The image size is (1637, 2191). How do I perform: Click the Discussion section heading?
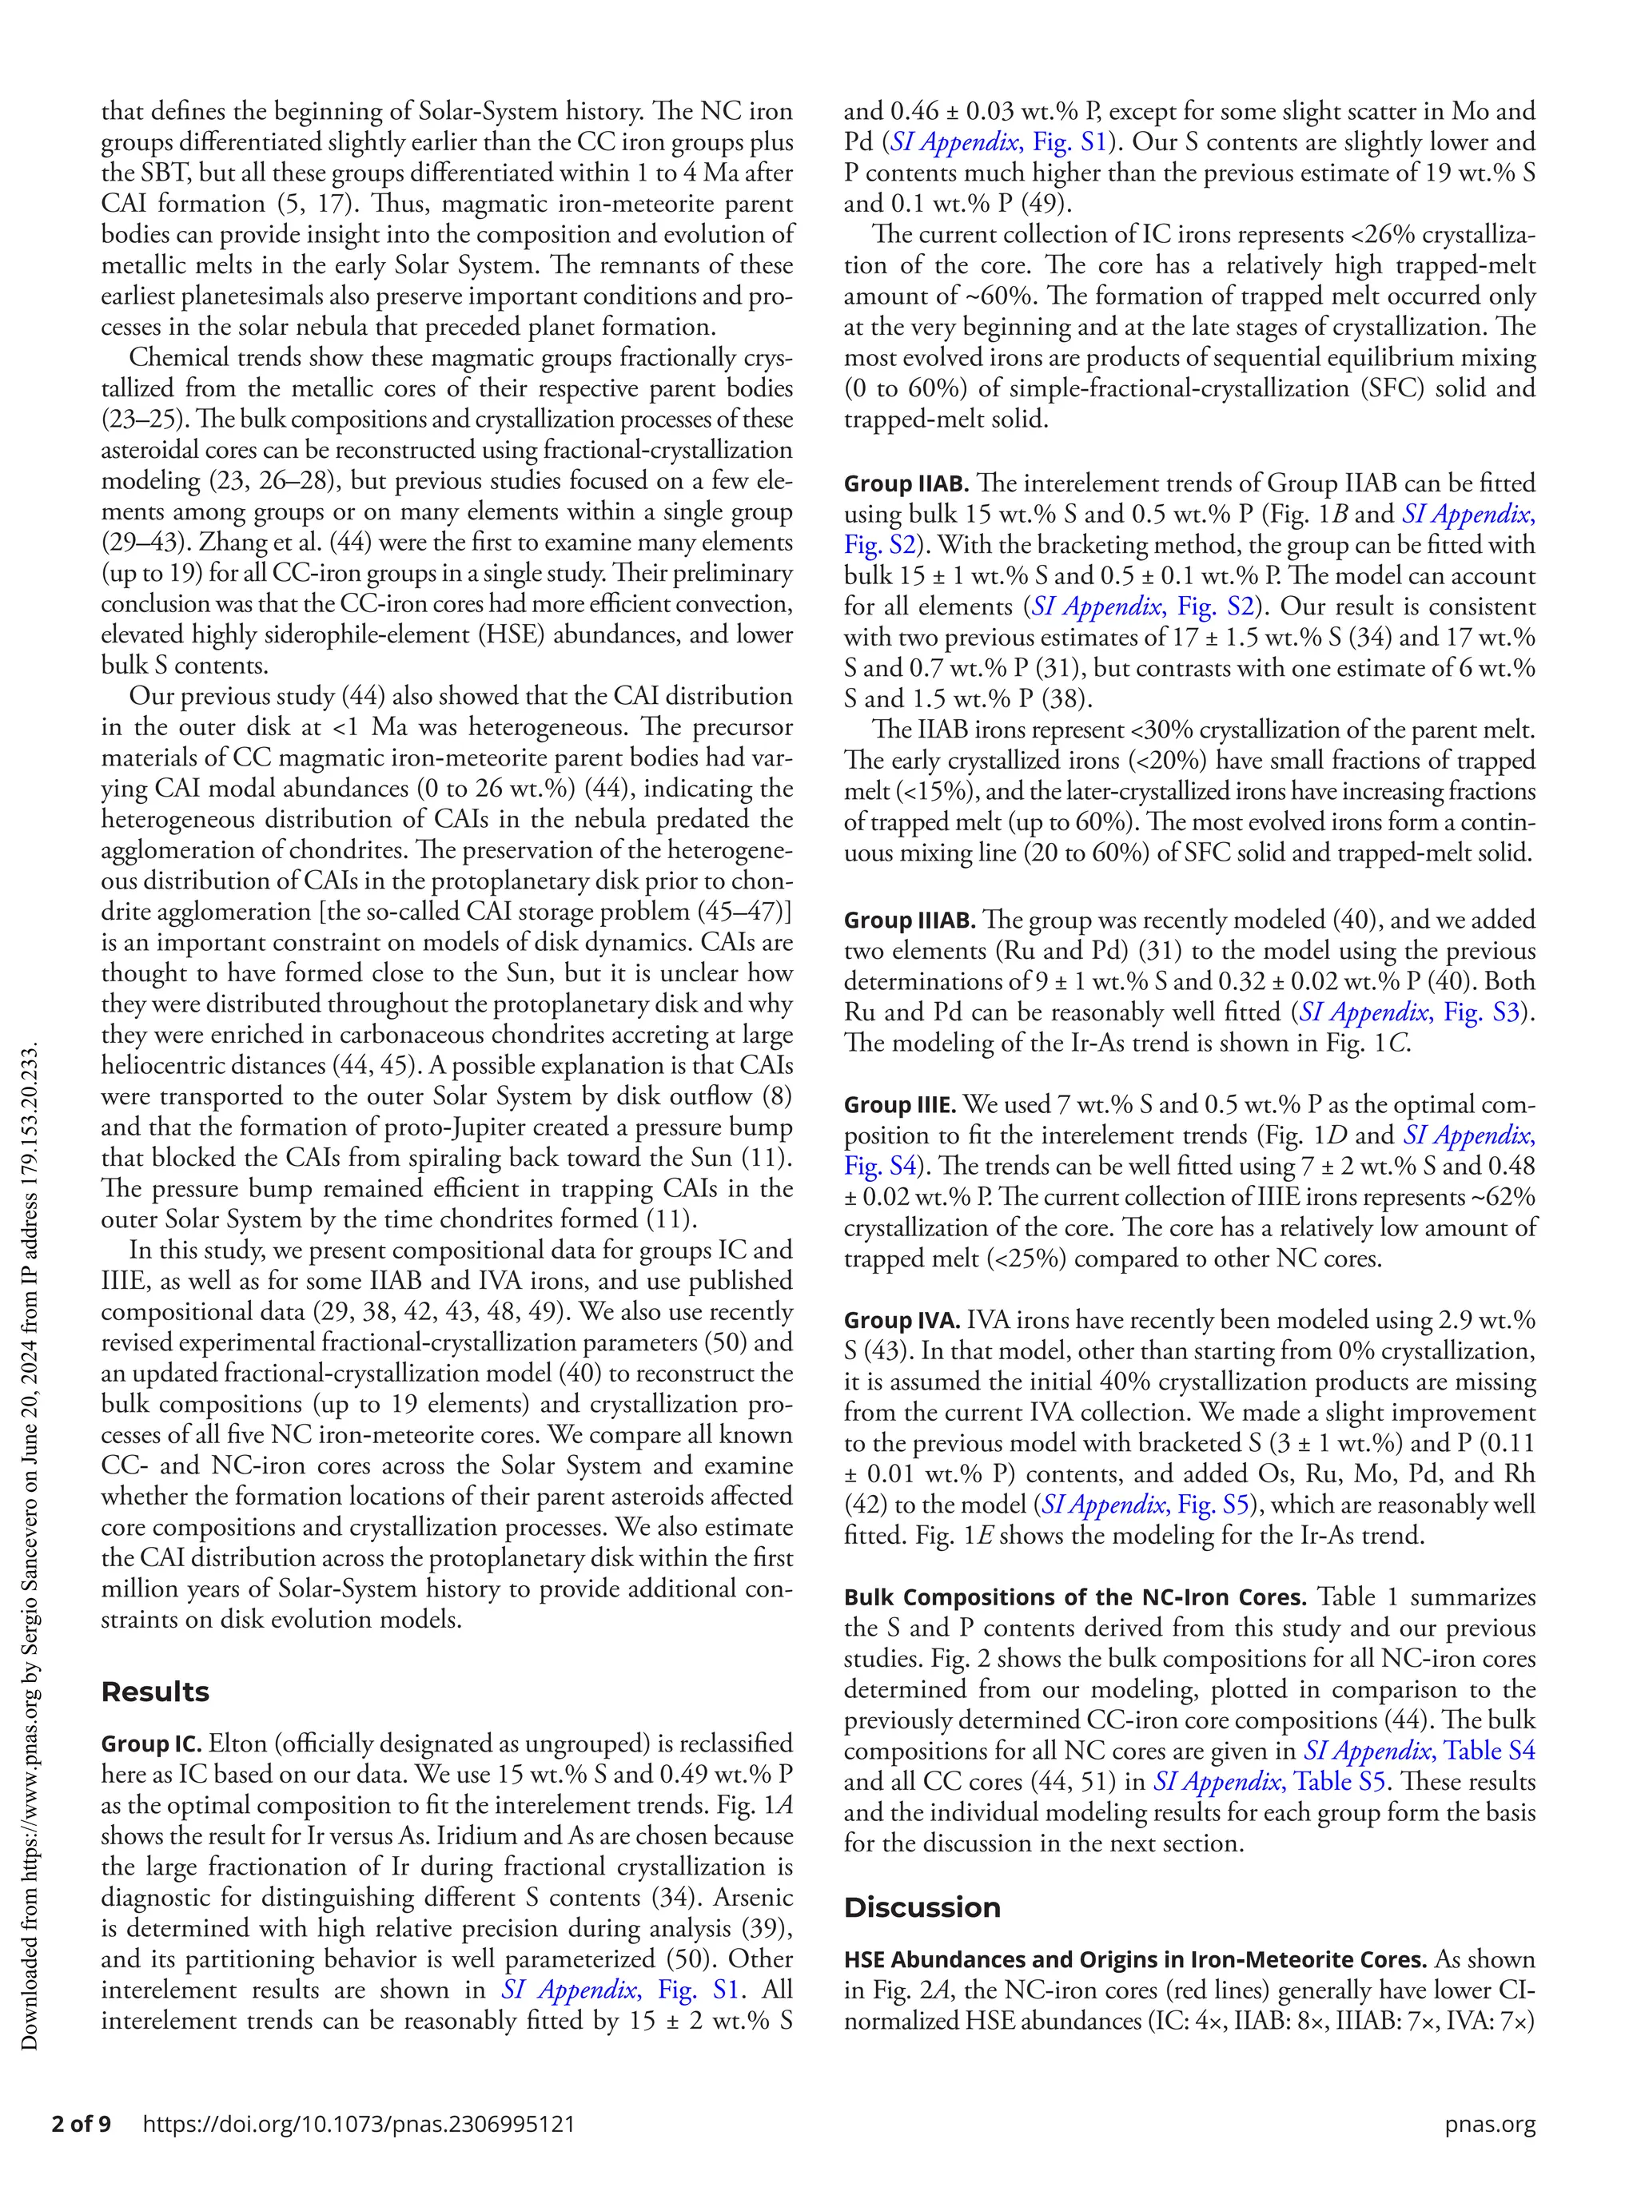tap(922, 1907)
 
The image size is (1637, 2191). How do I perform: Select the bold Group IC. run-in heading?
tap(150, 1744)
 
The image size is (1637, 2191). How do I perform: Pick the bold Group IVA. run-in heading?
tap(902, 1320)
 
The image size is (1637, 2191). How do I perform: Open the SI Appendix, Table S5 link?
tap(1269, 1782)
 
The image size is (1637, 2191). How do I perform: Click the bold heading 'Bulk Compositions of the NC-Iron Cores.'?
tap(1075, 1597)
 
